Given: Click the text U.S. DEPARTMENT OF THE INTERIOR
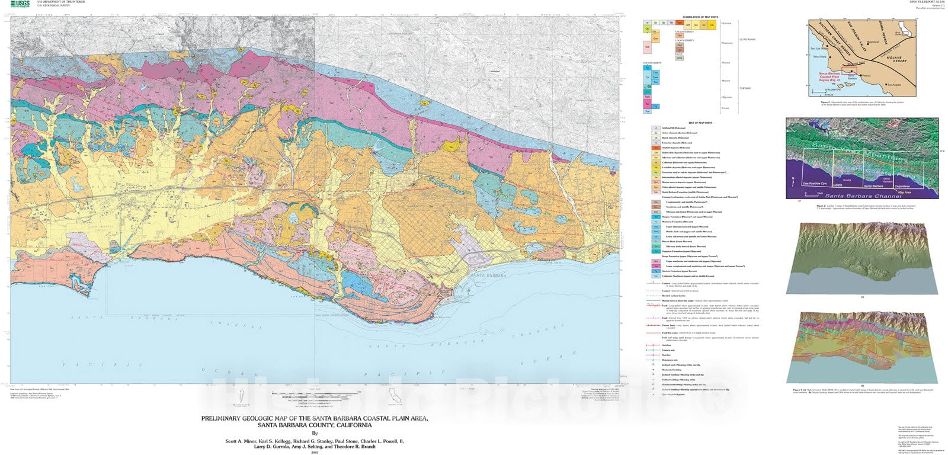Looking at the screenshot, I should pyautogui.click(x=61, y=2).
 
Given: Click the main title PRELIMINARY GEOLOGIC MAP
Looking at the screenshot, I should pyautogui.click(x=315, y=418).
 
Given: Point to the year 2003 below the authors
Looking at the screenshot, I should pyautogui.click(x=315, y=453).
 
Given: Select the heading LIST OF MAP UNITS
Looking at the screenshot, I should pyautogui.click(x=700, y=123).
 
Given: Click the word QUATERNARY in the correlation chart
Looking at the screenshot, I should pyautogui.click(x=747, y=40).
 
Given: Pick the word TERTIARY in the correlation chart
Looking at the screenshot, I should pyautogui.click(x=745, y=89).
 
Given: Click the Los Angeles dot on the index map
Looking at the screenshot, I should pyautogui.click(x=886, y=85).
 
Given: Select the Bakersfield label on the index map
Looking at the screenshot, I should pyautogui.click(x=872, y=42).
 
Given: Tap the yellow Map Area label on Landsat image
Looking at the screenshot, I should pyautogui.click(x=904, y=193).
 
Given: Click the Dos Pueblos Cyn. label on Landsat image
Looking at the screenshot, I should pyautogui.click(x=814, y=184).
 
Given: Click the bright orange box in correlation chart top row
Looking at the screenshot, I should pyautogui.click(x=680, y=23).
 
